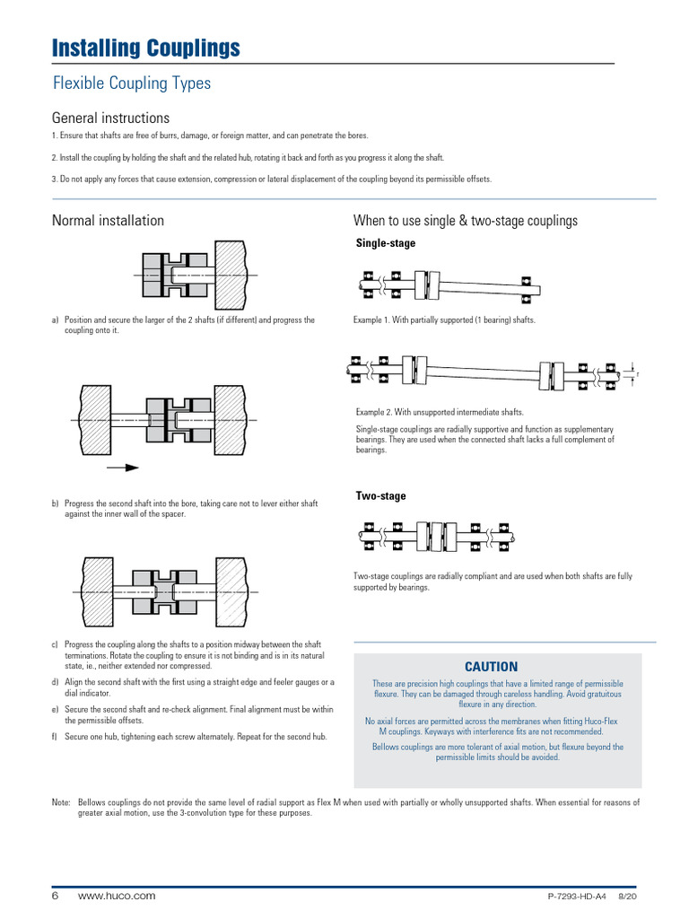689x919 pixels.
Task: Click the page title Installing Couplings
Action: [145, 48]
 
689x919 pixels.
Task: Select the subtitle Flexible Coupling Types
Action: [131, 83]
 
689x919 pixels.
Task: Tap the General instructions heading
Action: [110, 118]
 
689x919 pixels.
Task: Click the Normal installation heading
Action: [108, 221]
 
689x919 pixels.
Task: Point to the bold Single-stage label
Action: [386, 243]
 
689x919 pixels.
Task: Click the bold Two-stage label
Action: [380, 496]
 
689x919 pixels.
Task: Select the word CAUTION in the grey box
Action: [491, 667]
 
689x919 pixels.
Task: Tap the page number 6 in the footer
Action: [55, 896]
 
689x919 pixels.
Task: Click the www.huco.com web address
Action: [117, 896]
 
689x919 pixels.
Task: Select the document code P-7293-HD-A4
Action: [577, 897]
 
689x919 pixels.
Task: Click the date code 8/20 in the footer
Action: [629, 897]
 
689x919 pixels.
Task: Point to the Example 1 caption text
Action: [444, 320]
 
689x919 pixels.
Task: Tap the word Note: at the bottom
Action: [61, 802]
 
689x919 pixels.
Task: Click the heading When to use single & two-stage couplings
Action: [465, 221]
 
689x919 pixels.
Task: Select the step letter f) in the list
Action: [56, 737]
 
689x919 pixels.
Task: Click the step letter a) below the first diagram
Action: [56, 320]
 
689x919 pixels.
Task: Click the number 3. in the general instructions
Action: [56, 179]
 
